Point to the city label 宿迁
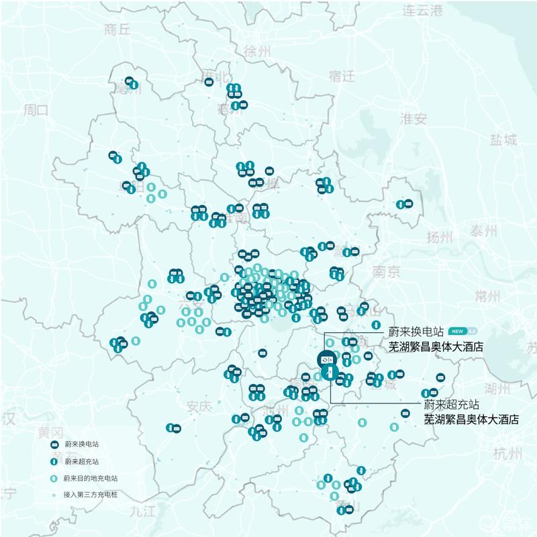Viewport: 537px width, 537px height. click(x=341, y=76)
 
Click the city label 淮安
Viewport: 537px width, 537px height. click(x=413, y=119)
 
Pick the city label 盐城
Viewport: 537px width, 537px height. click(x=503, y=140)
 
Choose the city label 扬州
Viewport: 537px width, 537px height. click(x=440, y=236)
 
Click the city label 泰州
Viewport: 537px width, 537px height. click(x=483, y=232)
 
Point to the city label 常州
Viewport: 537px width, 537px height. click(x=487, y=296)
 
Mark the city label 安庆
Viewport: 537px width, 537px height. click(x=199, y=406)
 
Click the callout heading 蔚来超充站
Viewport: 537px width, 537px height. click(x=451, y=405)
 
